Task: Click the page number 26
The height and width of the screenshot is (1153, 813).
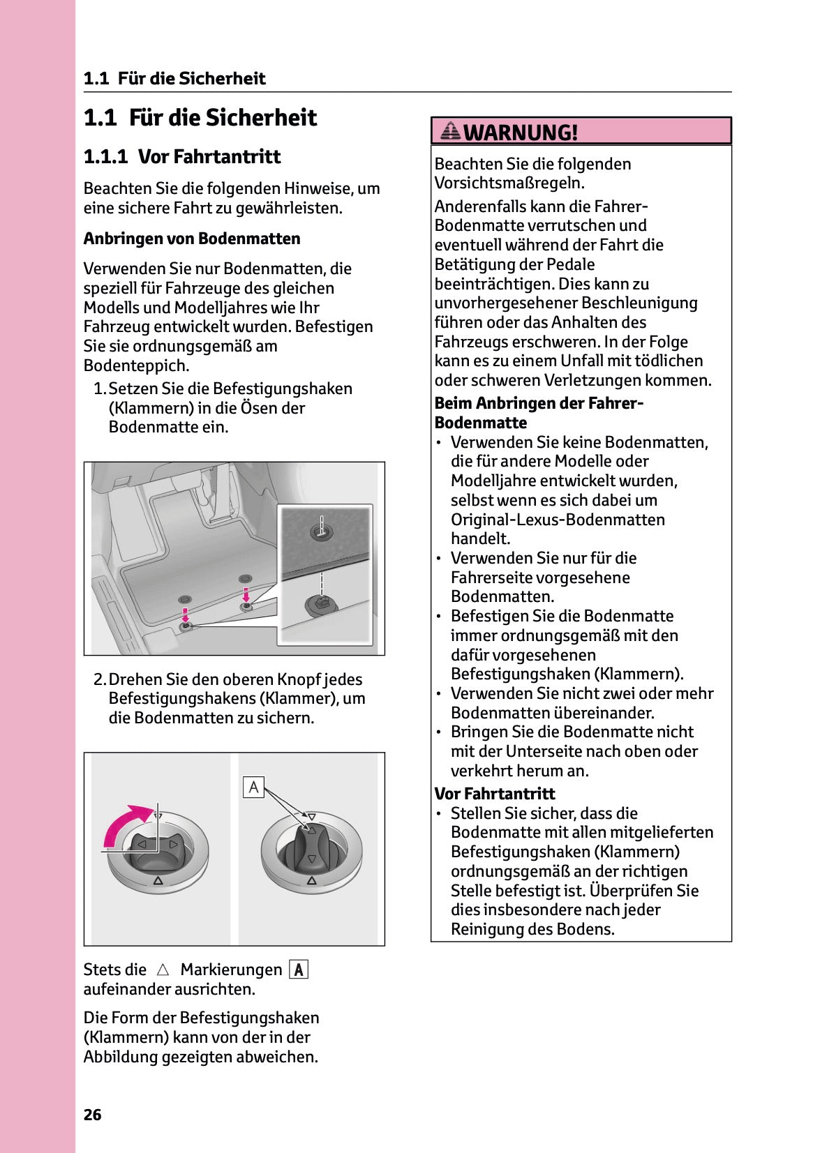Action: [92, 1115]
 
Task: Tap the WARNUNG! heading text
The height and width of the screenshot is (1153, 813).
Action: [521, 132]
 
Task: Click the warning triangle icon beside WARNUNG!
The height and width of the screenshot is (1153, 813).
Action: [451, 130]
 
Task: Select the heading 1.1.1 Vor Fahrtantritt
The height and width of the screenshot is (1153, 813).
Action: [181, 156]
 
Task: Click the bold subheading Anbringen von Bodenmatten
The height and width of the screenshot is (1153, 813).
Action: [192, 239]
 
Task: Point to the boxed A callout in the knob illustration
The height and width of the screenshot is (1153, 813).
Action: [253, 787]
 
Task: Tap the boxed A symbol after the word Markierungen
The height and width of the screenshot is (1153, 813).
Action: [299, 970]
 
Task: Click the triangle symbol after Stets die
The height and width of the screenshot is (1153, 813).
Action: [163, 970]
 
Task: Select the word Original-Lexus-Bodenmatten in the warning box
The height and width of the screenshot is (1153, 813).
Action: [558, 520]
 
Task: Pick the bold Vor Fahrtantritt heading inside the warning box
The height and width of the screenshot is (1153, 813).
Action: [494, 794]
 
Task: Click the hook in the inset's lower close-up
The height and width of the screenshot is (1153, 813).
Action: [322, 603]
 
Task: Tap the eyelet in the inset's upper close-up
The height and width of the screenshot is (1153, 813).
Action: [321, 532]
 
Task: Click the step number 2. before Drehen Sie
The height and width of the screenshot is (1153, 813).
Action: [100, 679]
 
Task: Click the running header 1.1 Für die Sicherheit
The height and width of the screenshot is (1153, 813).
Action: [174, 78]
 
